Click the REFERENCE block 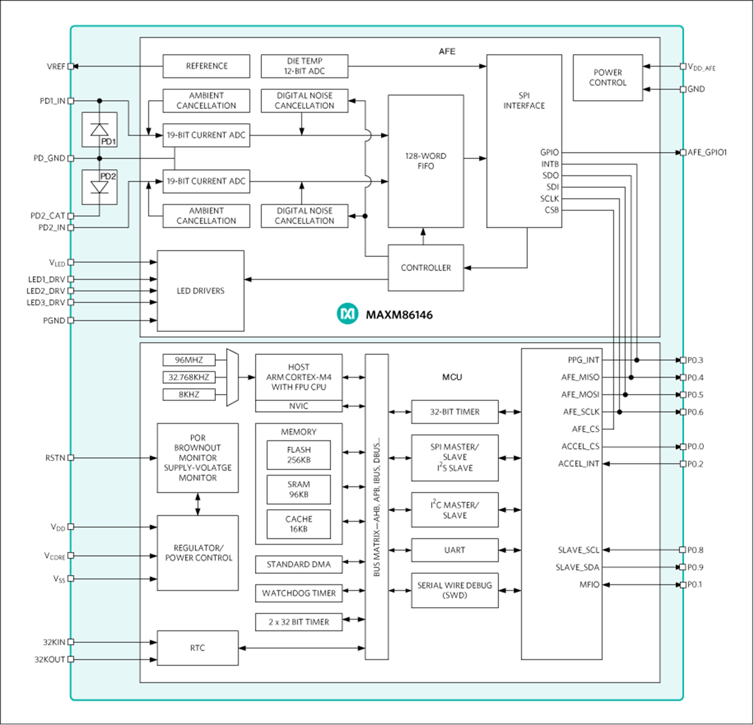click(x=206, y=66)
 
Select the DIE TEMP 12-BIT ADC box click(x=304, y=66)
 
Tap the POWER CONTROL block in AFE click(x=608, y=77)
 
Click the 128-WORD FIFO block click(x=426, y=161)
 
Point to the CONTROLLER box click(x=426, y=268)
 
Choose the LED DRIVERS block click(x=200, y=291)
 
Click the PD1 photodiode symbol click(x=99, y=130)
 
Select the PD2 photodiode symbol click(x=99, y=186)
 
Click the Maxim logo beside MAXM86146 click(x=348, y=315)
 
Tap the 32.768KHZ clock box click(x=188, y=377)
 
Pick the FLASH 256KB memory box click(x=298, y=455)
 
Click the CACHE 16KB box click(x=298, y=524)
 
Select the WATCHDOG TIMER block click(x=299, y=593)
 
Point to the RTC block click(x=197, y=648)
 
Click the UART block click(x=454, y=550)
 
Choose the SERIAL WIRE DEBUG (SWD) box click(x=454, y=590)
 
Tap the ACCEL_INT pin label click(x=579, y=464)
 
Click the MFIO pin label click(x=589, y=585)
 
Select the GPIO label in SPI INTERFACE click(x=549, y=152)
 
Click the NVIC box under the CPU click(x=299, y=406)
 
